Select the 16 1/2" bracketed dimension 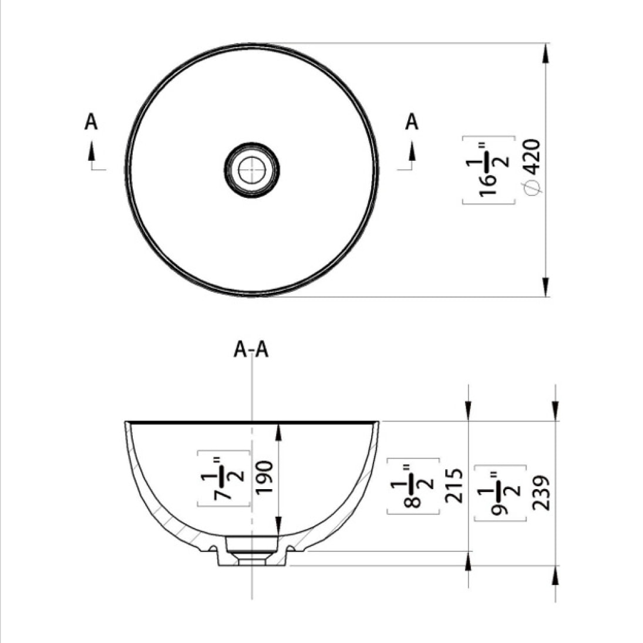coord(489,170)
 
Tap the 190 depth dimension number coord(263,478)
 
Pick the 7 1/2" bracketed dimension coord(224,479)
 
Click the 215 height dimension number coord(453,486)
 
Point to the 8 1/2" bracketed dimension coord(413,486)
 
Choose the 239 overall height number coord(541,493)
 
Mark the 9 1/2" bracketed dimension coord(500,493)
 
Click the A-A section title coord(251,350)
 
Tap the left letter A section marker coord(91,122)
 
